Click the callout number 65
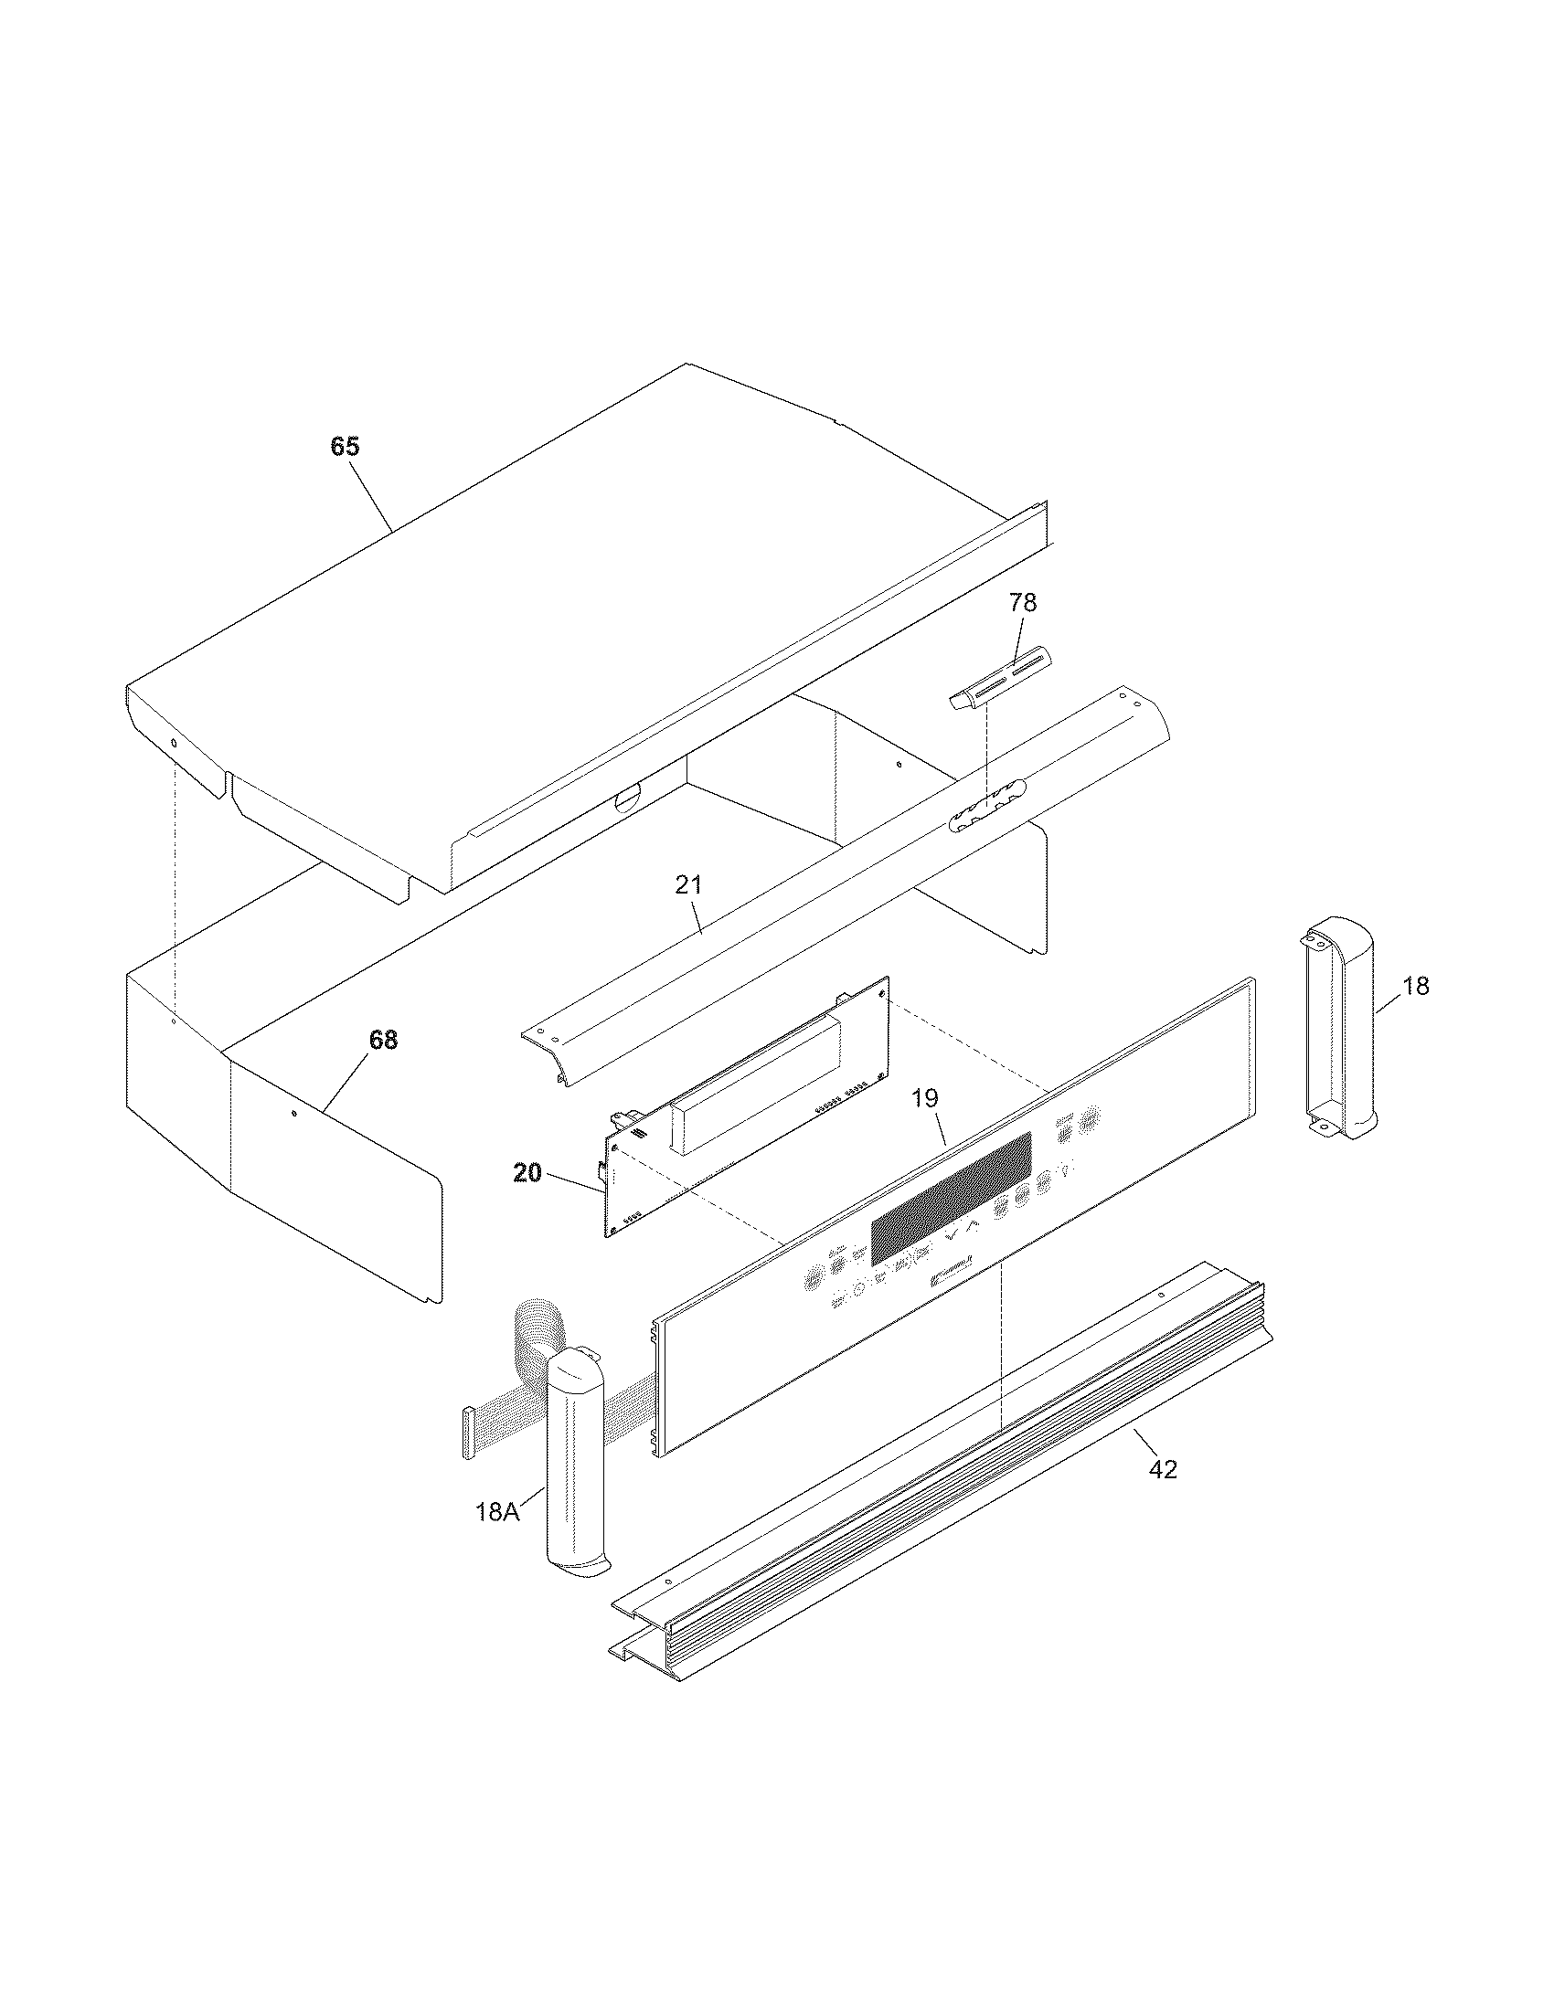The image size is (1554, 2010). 346,447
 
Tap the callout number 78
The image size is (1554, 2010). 1022,603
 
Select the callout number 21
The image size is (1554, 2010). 688,885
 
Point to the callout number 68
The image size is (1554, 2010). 383,1040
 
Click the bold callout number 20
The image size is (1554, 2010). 527,1173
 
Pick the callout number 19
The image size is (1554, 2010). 925,1097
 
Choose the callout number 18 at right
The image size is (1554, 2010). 1415,986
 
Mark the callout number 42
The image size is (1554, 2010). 1163,1470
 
